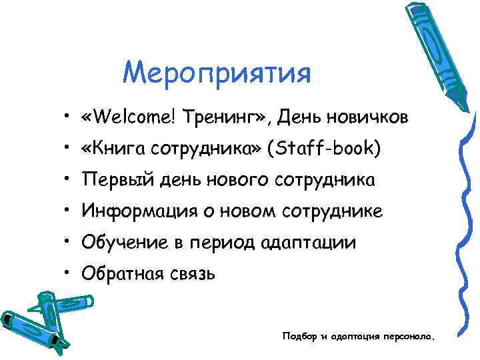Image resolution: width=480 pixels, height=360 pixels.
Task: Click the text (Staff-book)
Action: pyautogui.click(x=325, y=149)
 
